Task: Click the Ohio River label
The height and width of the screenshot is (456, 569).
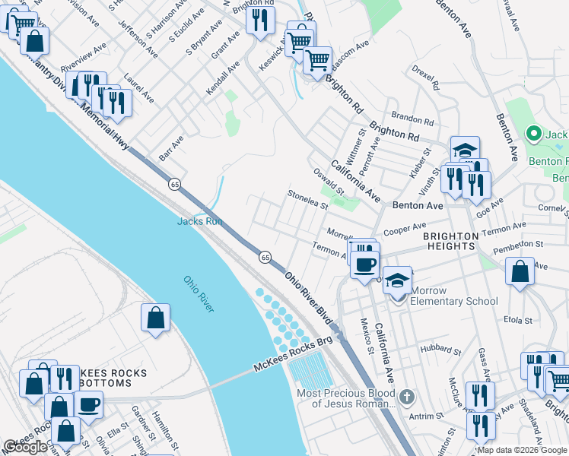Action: [199, 293]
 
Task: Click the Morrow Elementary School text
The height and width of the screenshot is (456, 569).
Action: [454, 296]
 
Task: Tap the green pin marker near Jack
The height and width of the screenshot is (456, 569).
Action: [534, 135]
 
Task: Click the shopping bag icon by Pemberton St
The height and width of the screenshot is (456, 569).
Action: [520, 273]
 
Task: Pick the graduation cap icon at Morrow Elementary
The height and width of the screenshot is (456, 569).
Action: [396, 280]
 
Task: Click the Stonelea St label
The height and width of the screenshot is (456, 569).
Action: [307, 201]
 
